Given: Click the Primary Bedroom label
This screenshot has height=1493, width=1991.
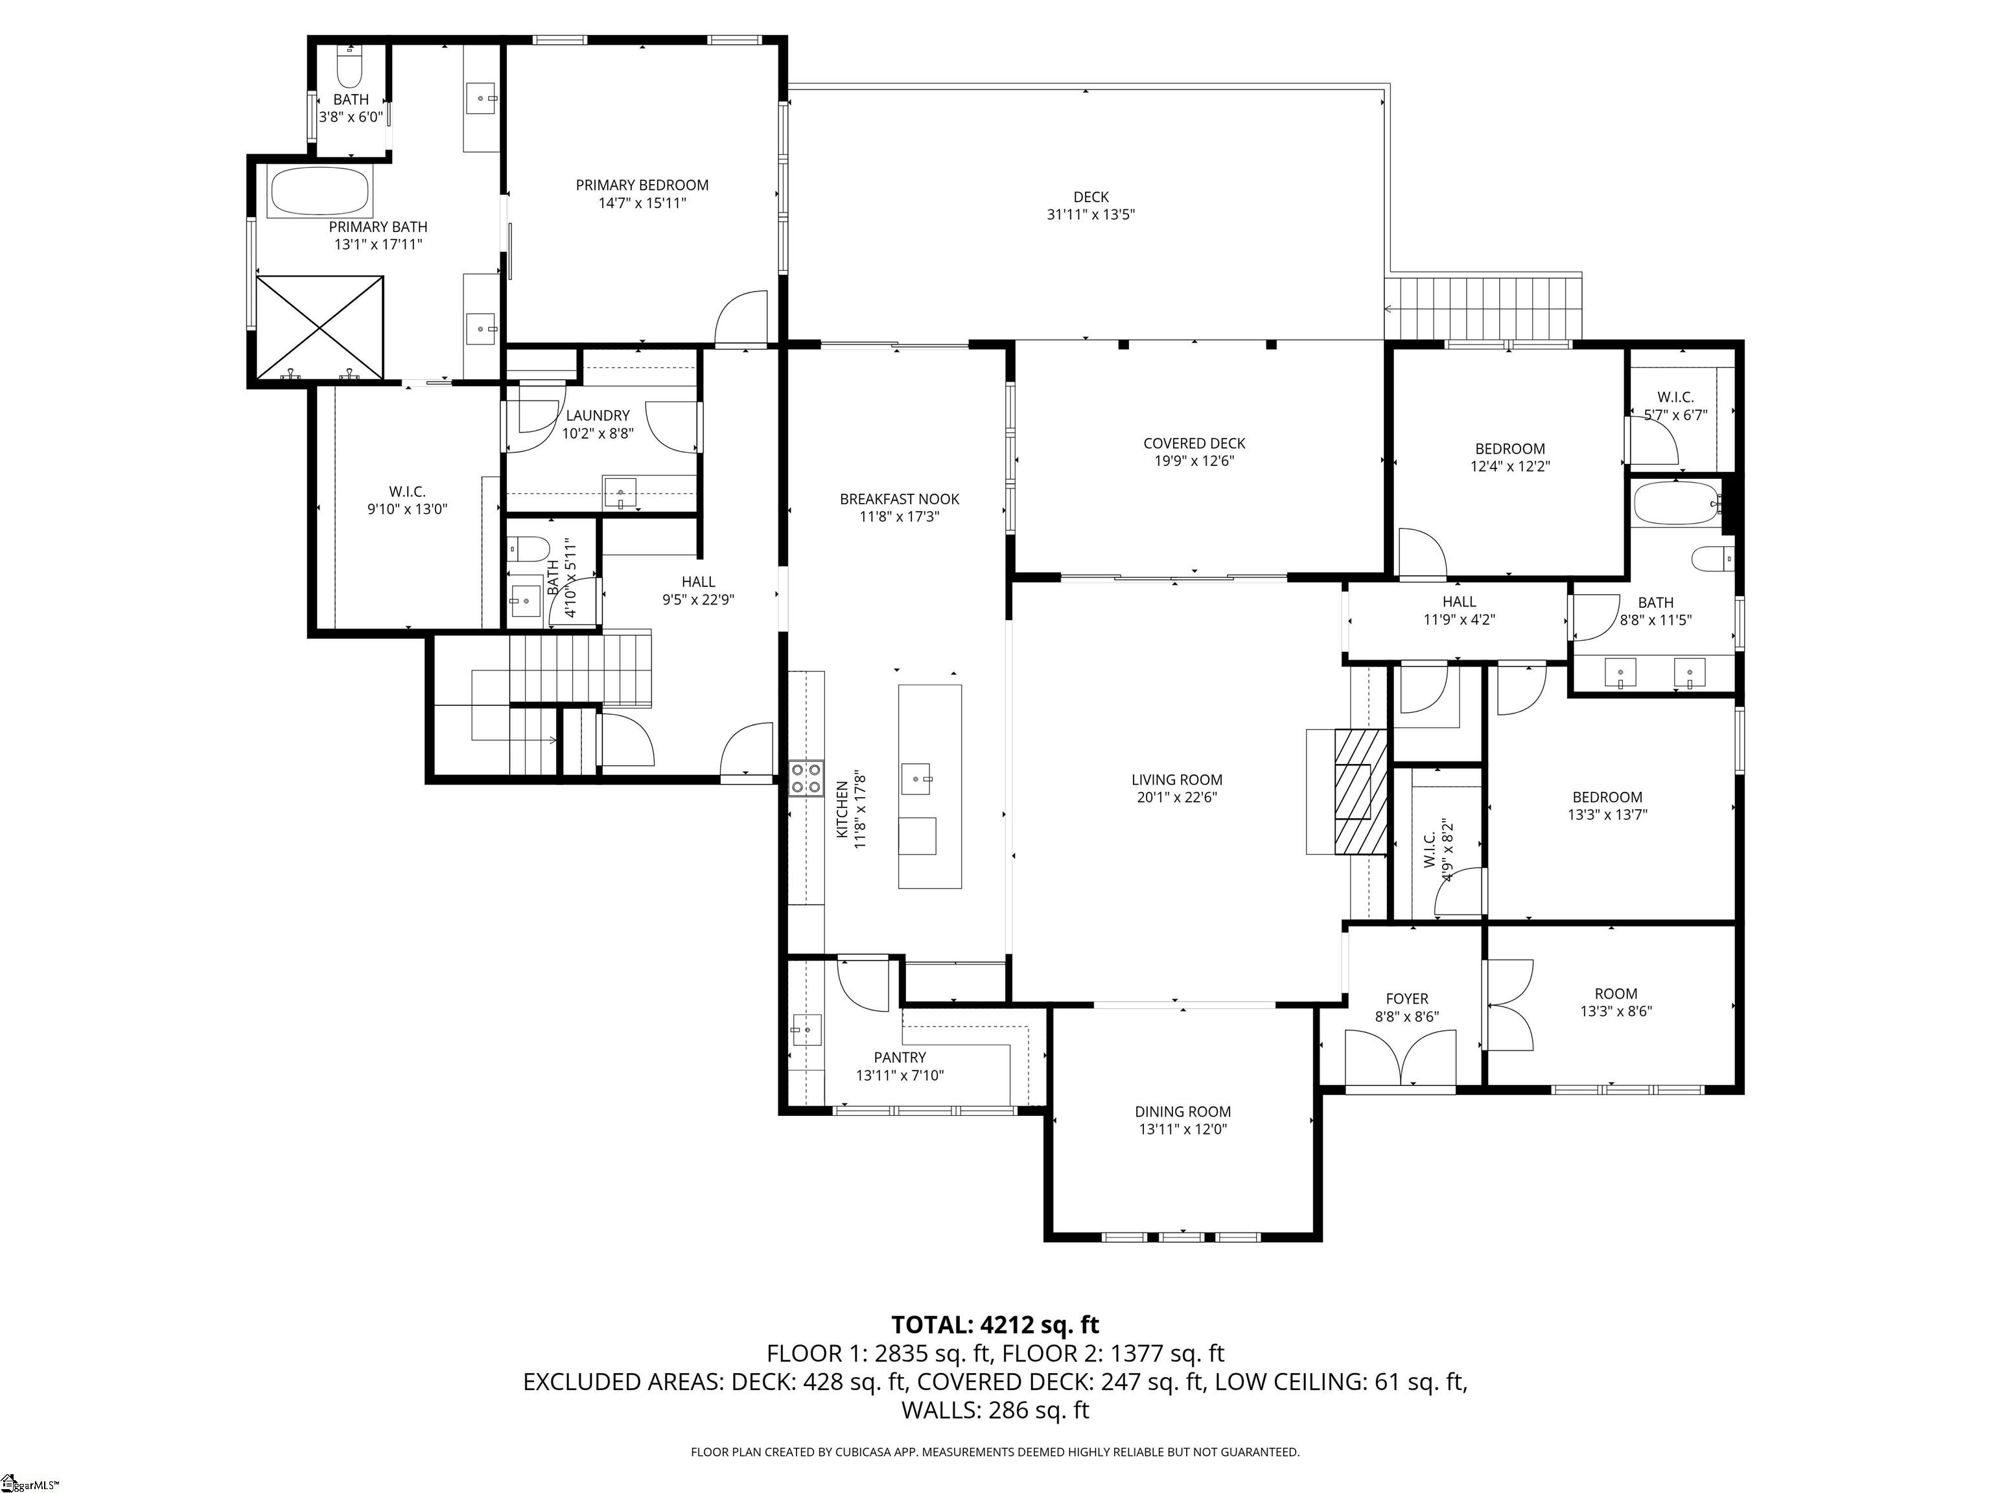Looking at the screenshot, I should [x=642, y=185].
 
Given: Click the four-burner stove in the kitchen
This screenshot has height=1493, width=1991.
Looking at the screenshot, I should [x=806, y=778].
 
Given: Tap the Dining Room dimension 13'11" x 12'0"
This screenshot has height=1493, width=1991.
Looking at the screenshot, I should [x=1182, y=1129].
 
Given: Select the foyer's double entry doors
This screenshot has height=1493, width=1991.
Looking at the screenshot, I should [x=1401, y=1059].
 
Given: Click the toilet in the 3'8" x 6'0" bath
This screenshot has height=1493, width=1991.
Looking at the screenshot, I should [x=348, y=67].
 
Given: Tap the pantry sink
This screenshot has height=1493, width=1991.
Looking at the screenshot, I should [x=806, y=1028].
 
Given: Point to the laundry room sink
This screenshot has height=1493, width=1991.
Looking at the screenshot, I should [x=619, y=492].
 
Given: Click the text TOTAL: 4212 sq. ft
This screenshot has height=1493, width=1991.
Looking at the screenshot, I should [x=995, y=1325].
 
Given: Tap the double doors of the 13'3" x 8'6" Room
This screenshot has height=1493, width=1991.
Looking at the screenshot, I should [x=1509, y=1005].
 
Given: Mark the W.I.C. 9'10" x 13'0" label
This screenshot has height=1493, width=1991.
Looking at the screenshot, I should [x=407, y=491].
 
